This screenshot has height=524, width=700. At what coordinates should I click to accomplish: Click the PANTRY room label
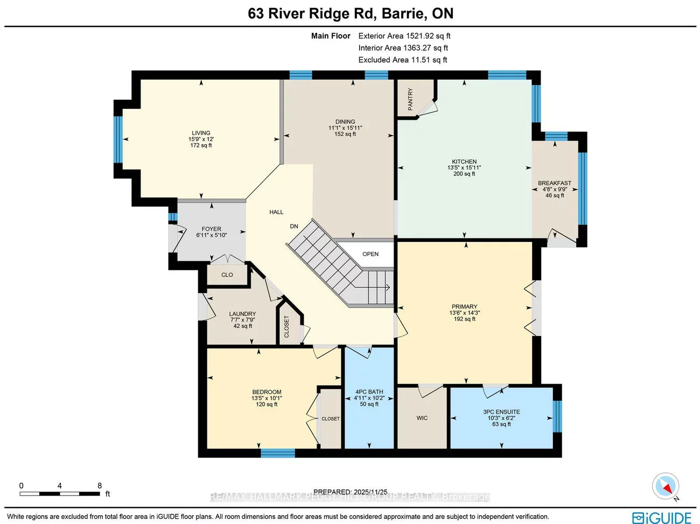410,99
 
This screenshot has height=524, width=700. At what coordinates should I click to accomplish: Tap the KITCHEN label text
464,162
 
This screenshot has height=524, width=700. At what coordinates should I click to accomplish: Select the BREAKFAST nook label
555,183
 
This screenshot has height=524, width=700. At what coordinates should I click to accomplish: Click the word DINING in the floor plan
345,122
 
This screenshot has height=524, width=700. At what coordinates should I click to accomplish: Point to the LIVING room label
201,133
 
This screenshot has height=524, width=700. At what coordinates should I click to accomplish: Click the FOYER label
212,229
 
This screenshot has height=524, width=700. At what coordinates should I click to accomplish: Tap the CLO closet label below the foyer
227,275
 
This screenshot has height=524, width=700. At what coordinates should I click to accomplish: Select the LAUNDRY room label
242,314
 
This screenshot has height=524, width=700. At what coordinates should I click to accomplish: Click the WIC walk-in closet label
422,418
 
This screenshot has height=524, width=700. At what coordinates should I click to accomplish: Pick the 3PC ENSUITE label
501,412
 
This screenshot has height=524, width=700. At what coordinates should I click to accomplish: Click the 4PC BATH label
369,392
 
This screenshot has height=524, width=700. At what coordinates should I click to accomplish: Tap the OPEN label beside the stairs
370,254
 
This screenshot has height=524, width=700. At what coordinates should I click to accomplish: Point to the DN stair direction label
294,226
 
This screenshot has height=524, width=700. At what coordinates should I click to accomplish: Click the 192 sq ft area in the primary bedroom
464,319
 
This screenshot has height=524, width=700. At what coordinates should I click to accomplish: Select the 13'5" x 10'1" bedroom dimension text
267,399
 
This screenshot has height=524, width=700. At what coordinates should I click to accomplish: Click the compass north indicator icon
666,486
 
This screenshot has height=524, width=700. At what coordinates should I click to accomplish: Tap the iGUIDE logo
662,518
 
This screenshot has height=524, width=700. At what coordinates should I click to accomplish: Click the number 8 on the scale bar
100,486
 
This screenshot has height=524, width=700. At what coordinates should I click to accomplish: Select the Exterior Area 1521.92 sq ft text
404,36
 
